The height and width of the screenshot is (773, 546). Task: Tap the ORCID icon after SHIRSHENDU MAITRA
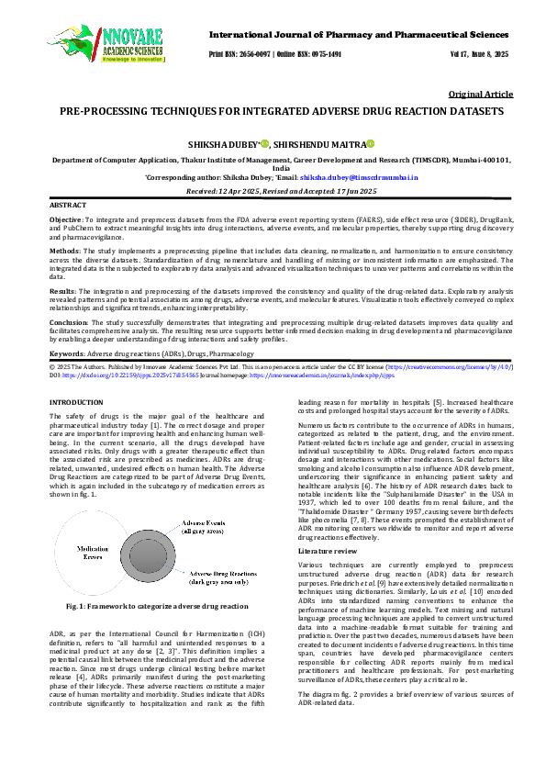[372, 144]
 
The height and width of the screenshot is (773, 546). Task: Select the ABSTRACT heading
[69, 206]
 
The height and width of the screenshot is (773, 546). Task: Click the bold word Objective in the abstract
[65, 221]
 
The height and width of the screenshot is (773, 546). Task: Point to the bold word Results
[62, 291]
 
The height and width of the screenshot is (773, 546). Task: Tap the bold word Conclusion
[67, 323]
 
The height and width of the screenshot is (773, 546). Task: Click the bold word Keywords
[66, 353]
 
